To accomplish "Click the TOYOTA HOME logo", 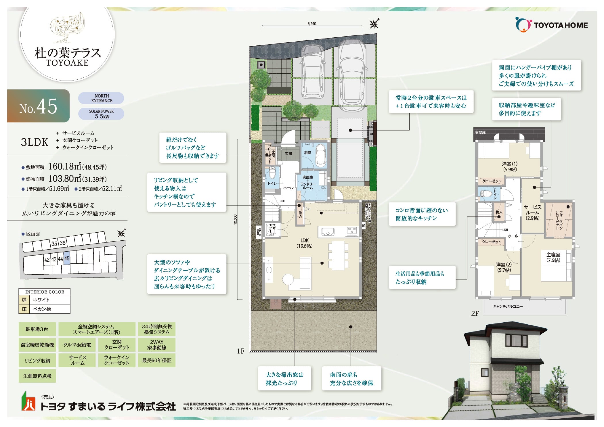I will pos(551,25).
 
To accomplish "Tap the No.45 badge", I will pos(38,106).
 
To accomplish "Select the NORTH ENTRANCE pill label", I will pos(101,98).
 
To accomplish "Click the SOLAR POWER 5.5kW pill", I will pos(101,114).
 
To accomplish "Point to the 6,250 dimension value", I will pos(311,24).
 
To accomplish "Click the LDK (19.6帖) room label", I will pos(304,243).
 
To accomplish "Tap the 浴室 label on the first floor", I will pos(307,153).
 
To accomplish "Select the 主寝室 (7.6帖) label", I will pos(553,257).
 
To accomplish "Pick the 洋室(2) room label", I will pos(504,267).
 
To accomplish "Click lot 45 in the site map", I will pos(67,259).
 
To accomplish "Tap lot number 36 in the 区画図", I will pos(63,243).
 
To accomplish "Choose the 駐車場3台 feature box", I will pos(37,329).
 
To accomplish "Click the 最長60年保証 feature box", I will pos(156,360).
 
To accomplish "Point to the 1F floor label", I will pos(240,351).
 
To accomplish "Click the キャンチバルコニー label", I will pos(508,307).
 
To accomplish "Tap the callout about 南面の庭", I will pos(351,379).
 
